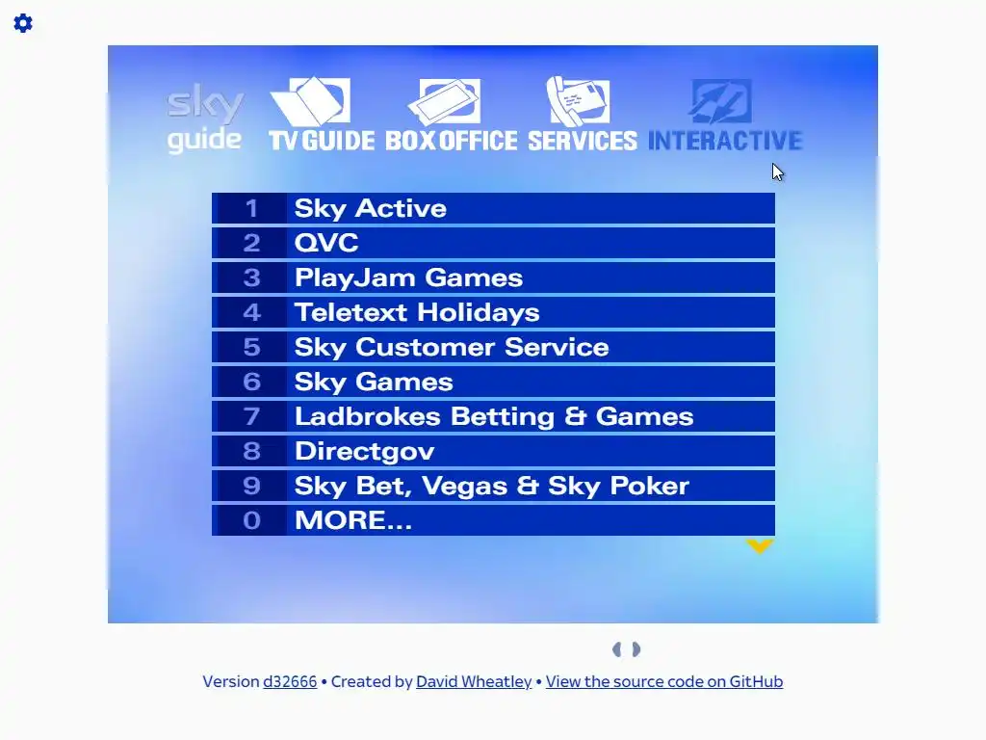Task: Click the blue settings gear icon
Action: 23,23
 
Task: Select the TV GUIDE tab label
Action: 322,141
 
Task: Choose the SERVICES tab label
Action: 583,141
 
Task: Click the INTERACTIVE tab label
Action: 725,141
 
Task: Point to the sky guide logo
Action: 204,119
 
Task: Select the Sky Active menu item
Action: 371,208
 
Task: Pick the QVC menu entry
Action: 326,243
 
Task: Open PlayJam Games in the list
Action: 408,278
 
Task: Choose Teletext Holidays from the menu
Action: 417,313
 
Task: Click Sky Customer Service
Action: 452,347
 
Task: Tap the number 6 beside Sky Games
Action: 251,382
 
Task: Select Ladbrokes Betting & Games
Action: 494,416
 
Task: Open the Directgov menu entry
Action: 365,451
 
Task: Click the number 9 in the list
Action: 251,486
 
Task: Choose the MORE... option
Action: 353,520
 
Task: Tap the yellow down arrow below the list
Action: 760,546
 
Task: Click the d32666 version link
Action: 290,681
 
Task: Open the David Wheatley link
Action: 474,681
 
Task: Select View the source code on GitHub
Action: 664,681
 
